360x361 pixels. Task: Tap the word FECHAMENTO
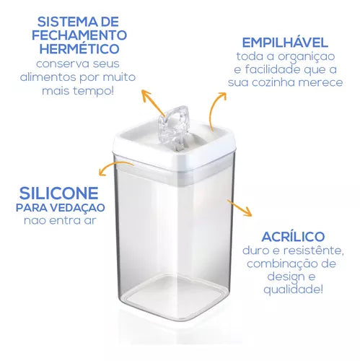point(79,35)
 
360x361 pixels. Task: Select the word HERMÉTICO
point(79,48)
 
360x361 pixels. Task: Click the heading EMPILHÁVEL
point(285,42)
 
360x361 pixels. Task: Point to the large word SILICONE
point(59,193)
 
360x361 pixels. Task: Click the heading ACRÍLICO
point(293,236)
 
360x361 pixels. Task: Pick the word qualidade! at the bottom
point(293,290)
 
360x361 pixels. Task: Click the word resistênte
point(313,251)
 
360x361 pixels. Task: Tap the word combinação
point(282,264)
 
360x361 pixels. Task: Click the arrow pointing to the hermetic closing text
point(153,103)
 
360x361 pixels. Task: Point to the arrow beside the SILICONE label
point(115,167)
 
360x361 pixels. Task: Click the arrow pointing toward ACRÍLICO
point(240,207)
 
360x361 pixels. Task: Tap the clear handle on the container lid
point(173,127)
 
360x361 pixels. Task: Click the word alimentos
point(48,77)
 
